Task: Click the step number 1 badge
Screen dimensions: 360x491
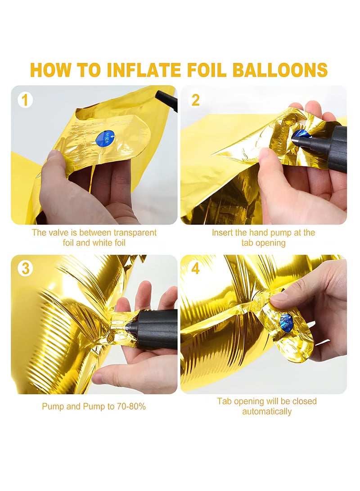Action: pos(25,100)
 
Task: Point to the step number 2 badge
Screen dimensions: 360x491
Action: pos(195,100)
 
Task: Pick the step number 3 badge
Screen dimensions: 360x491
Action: pos(25,269)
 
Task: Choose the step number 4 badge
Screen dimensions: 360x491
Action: pos(195,269)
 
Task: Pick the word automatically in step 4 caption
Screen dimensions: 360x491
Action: pos(267,411)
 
